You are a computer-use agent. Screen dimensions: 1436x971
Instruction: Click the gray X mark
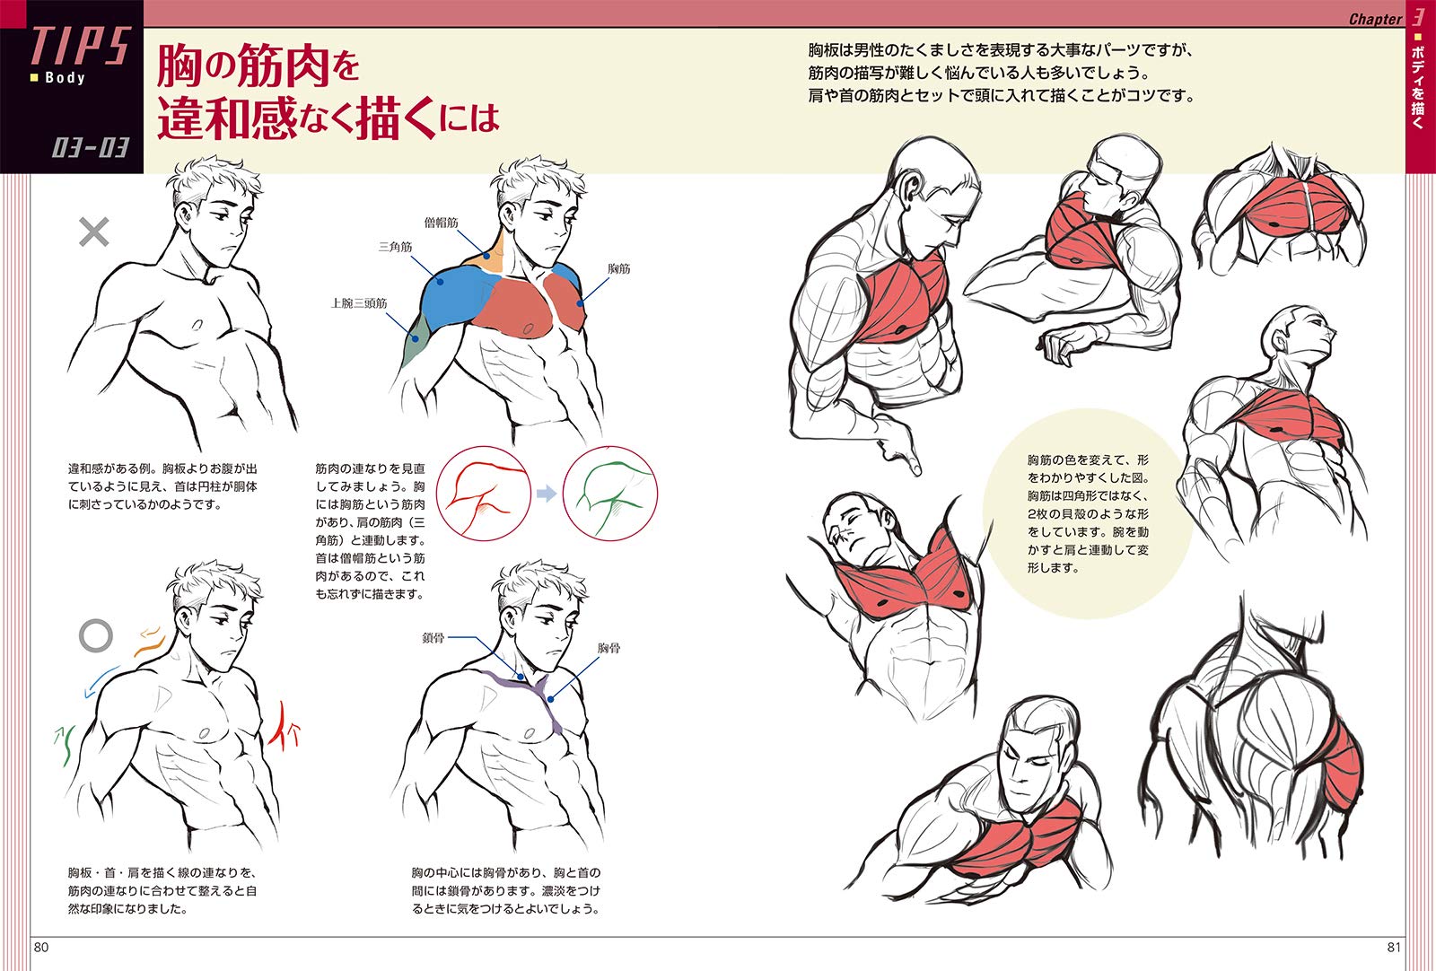[93, 232]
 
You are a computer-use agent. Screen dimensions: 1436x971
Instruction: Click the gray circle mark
[95, 635]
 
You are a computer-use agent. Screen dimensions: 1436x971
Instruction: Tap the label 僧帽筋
[441, 223]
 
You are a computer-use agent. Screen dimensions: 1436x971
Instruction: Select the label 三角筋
[395, 246]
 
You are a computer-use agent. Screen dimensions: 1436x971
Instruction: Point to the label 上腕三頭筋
[358, 302]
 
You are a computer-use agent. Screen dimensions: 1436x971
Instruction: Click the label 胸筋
[618, 268]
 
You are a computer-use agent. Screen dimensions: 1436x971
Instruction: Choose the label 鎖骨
[433, 638]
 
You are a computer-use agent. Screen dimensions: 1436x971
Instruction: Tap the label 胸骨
[609, 648]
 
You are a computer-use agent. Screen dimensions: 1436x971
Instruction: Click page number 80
[41, 948]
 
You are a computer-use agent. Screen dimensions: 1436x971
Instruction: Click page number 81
[1394, 948]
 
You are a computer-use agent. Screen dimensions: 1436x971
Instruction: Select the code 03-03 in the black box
[91, 148]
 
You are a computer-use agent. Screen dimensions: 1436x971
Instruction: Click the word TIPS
[81, 46]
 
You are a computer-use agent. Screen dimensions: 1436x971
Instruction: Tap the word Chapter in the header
[1376, 19]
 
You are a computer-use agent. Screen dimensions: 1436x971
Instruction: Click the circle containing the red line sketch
[484, 446]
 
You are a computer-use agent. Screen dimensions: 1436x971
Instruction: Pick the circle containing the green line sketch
[610, 446]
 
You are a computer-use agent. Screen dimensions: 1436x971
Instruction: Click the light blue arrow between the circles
[547, 494]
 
